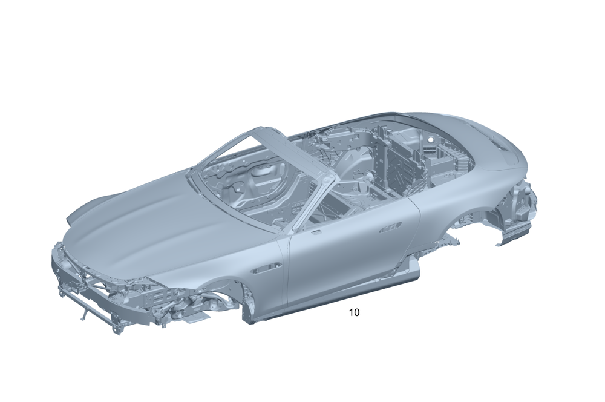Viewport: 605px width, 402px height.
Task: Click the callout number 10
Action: point(354,312)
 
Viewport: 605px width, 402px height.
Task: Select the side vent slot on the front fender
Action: point(266,268)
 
